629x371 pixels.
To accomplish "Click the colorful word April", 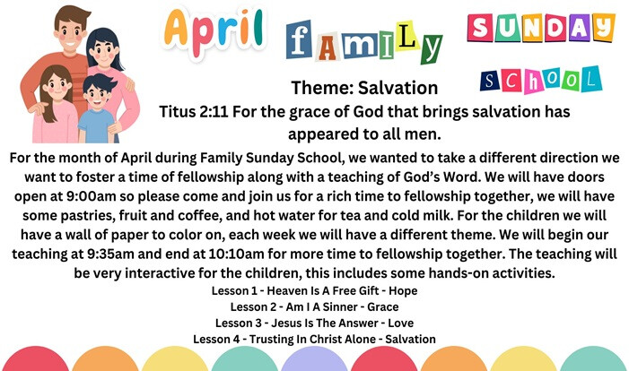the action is (214, 32).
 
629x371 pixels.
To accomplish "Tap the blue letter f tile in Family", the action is (299, 39).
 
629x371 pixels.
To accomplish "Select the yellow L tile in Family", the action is (406, 36).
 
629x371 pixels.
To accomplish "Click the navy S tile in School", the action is (490, 82).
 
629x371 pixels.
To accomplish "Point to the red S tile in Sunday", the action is (481, 28).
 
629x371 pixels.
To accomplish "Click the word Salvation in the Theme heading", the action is (397, 88).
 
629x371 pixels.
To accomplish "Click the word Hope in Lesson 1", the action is (403, 291).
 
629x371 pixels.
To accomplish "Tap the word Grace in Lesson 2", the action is (383, 306).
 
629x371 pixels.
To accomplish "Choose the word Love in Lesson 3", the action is (401, 323).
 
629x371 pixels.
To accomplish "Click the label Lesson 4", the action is (216, 339).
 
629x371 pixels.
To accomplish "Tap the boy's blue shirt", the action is (96, 125).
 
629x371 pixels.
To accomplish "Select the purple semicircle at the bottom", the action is (314, 359).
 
